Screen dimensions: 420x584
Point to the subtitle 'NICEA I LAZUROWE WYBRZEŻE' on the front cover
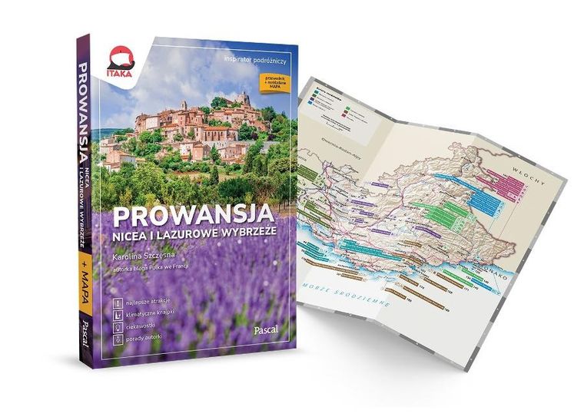(205, 229)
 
